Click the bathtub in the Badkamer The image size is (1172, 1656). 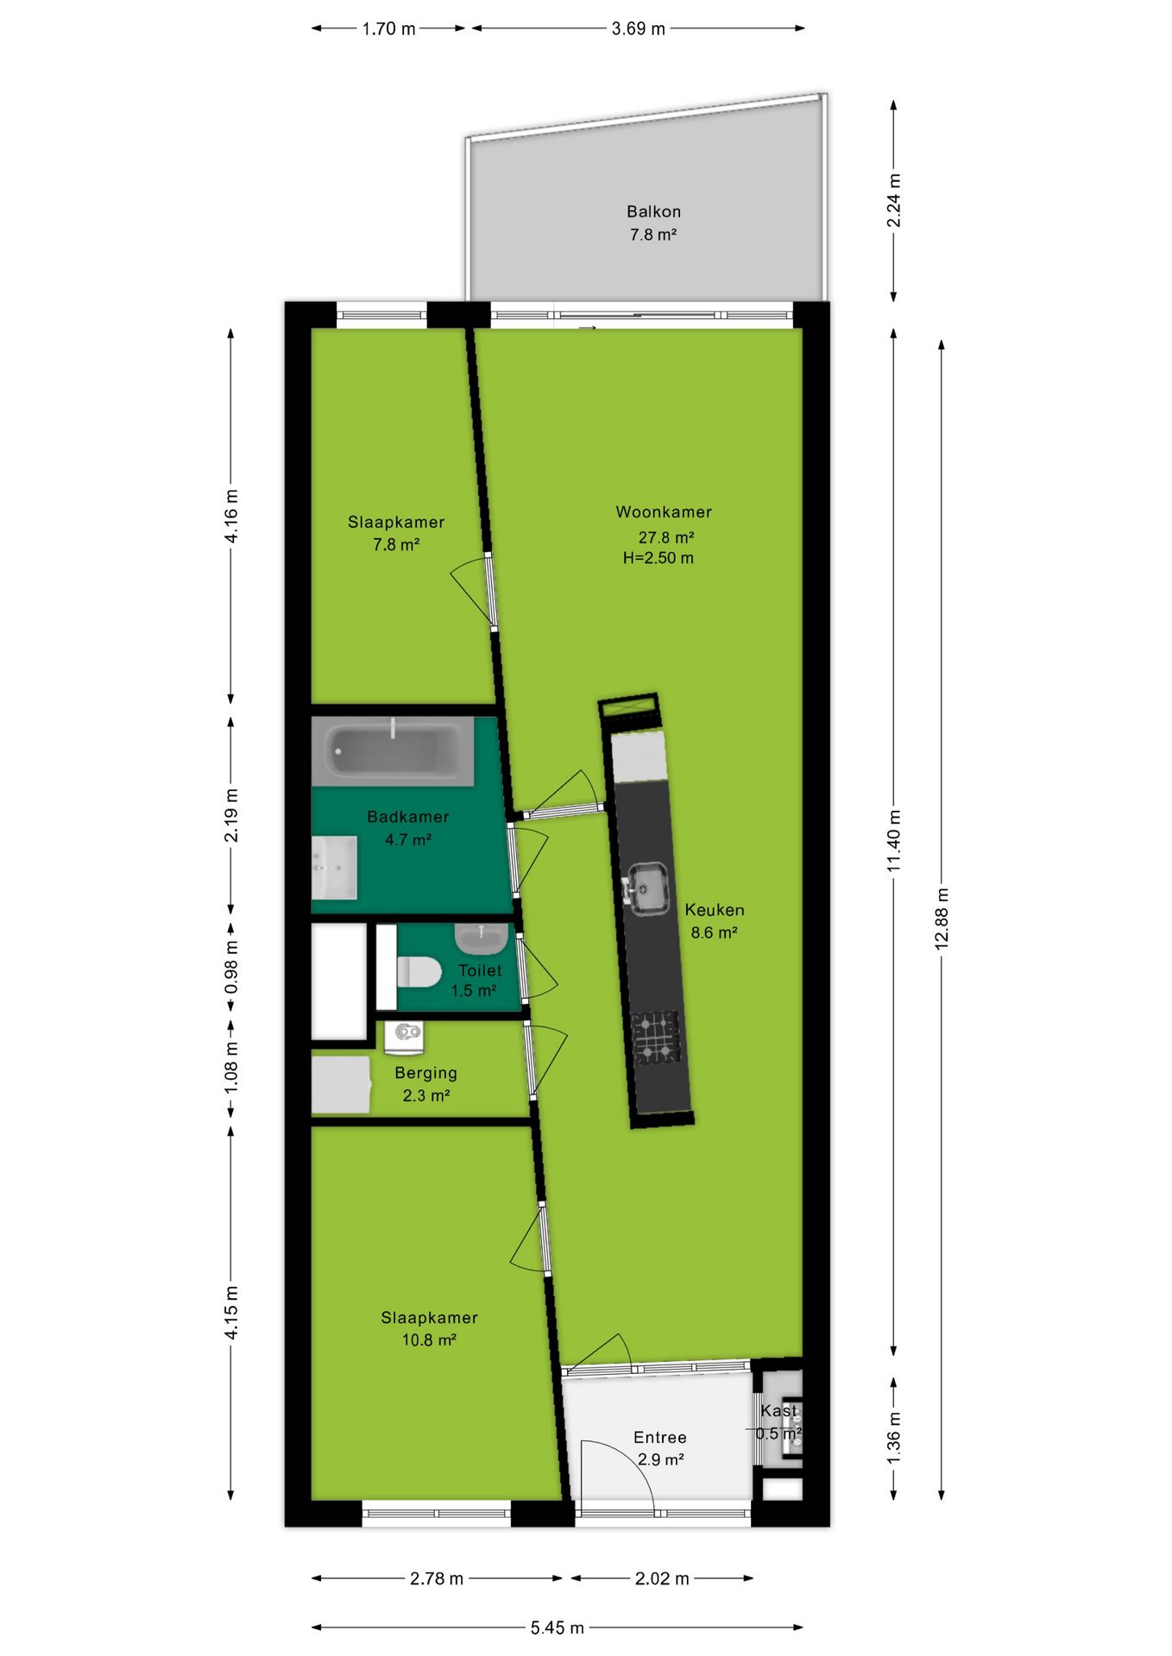pos(393,751)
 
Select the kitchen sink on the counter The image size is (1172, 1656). pos(647,888)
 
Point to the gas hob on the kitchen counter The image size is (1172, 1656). pos(657,1038)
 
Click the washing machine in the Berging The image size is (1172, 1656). pos(404,1038)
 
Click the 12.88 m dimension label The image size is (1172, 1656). pos(942,919)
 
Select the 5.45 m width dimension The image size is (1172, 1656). pos(558,1628)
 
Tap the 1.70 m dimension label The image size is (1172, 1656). pos(388,28)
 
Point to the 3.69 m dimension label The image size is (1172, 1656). pos(639,28)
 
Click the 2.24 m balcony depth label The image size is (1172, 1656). pos(894,201)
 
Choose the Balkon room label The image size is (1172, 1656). pos(653,211)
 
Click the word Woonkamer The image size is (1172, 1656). pos(664,511)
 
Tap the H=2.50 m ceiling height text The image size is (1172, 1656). pos(658,558)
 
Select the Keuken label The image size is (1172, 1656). pos(715,910)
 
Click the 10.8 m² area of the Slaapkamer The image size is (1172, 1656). pos(429,1339)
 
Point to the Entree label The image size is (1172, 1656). pos(660,1437)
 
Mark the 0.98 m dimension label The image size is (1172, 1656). pos(231,967)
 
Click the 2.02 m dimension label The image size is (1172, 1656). pos(662,1578)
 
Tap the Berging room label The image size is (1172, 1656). pos(425,1073)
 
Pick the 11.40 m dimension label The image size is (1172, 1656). pos(894,840)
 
